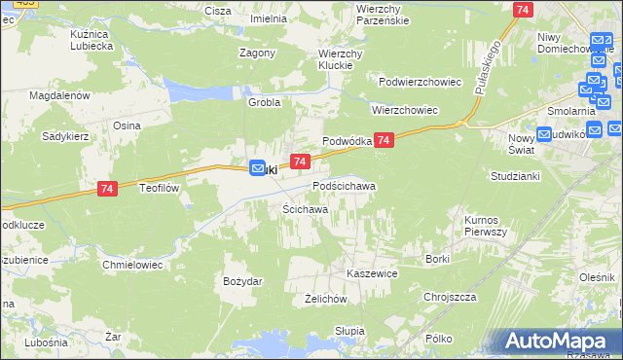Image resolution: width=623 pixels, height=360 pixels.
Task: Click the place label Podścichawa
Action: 344,185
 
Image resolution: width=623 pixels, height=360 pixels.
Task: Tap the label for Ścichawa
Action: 305,209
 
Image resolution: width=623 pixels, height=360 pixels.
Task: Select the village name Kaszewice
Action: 373,274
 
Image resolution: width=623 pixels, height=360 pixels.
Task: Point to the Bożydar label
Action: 242,281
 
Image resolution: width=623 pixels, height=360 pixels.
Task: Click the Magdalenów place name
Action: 59,96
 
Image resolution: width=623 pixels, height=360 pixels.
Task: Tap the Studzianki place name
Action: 515,178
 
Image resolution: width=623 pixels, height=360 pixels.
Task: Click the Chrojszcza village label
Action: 449,297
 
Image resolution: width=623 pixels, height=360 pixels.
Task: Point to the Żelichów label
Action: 326,299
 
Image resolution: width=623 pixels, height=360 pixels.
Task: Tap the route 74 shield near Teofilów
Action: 108,195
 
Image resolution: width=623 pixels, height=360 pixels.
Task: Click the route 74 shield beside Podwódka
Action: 385,141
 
